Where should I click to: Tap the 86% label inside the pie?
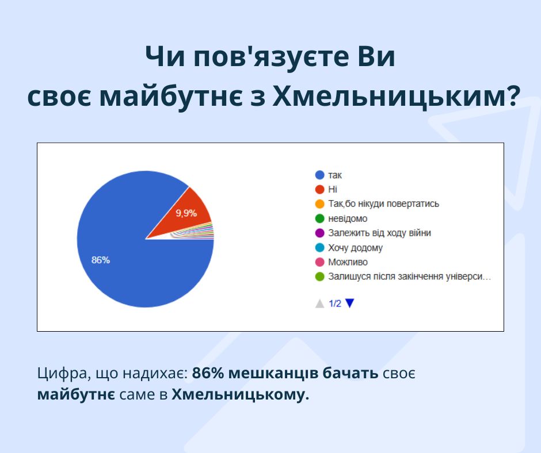coord(100,260)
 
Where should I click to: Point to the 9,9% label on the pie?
coord(186,213)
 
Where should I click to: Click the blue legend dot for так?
coord(320,175)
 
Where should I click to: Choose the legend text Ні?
coord(333,189)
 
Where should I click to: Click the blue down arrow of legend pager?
coord(350,303)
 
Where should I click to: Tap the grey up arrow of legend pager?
coord(320,304)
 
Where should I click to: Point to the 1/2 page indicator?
coord(335,304)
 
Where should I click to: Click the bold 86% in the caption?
coord(208,373)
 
